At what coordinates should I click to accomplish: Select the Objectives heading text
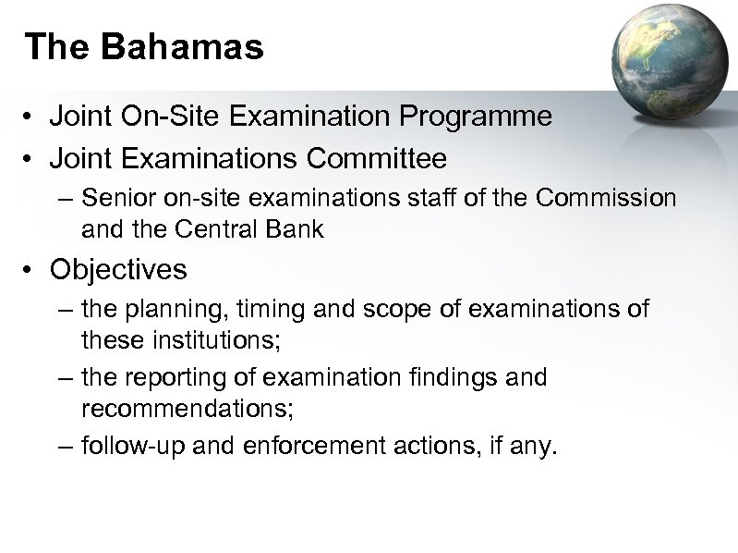tap(118, 270)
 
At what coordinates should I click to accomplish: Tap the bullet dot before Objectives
tap(30, 271)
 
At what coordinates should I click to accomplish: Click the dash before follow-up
tap(64, 448)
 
